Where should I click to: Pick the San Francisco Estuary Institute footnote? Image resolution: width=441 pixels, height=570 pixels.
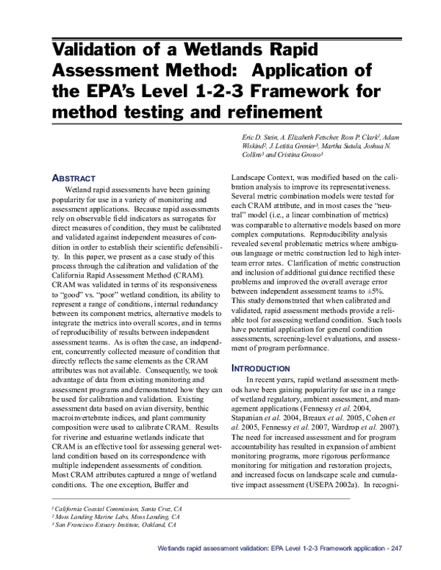coord(115,525)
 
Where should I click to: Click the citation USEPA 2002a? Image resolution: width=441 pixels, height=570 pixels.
coord(331,506)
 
